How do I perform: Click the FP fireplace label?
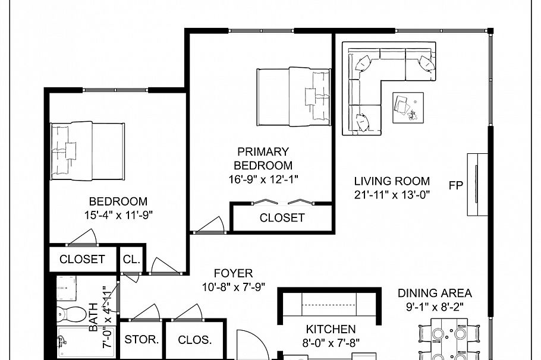(x=456, y=185)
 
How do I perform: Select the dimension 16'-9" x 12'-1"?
(x=263, y=179)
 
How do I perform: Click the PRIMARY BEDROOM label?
(x=263, y=159)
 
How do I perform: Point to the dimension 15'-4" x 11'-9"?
(x=118, y=214)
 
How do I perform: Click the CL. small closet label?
(x=131, y=259)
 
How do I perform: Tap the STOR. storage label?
(x=141, y=340)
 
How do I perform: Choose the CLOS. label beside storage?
(x=195, y=340)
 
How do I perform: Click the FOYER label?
(x=233, y=273)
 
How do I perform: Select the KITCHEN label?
(x=331, y=329)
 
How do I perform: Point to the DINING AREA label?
(x=435, y=293)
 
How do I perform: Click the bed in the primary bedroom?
(x=293, y=97)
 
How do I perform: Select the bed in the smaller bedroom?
(x=87, y=151)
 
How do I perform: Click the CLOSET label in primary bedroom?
(x=282, y=217)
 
